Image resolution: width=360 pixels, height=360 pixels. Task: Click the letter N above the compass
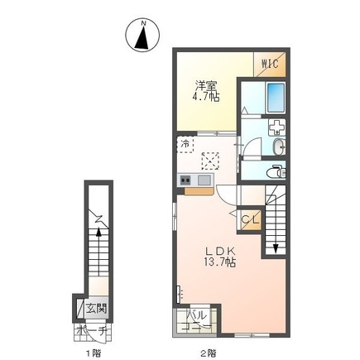coord(143,23)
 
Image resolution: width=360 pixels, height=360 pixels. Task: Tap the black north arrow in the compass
coord(142,37)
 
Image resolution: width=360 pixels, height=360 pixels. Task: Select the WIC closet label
coord(270,64)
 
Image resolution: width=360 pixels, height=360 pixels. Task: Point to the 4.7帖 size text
coord(206,97)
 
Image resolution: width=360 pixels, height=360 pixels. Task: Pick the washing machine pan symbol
coord(276,127)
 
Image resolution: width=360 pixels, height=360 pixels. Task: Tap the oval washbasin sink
coord(279,146)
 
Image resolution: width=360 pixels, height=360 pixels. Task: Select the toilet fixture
coord(276,172)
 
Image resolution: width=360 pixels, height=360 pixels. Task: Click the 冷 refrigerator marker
coord(185,144)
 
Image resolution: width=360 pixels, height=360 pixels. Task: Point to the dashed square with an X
coord(210,161)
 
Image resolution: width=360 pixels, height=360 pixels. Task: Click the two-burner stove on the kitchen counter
coord(185,180)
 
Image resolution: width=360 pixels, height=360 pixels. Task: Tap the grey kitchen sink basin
coord(204,180)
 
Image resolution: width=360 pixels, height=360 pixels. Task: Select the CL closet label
coord(251,219)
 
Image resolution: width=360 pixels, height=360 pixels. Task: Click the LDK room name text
coord(219,251)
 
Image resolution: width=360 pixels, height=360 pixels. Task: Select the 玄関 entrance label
coord(95,308)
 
